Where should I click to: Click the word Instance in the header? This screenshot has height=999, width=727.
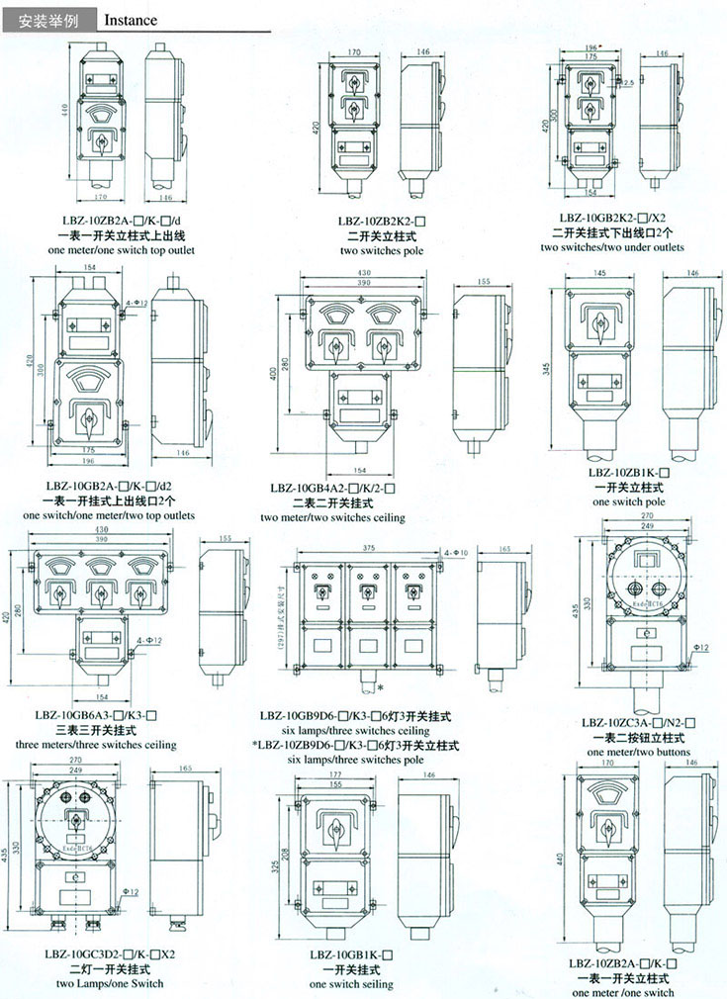pyautogui.click(x=131, y=19)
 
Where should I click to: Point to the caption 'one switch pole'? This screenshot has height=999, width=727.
pyautogui.click(x=628, y=501)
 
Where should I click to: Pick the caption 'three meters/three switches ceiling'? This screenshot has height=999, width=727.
pyautogui.click(x=96, y=744)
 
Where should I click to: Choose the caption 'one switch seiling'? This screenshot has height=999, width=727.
pyautogui.click(x=351, y=984)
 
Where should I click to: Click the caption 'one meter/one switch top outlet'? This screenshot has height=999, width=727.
pyautogui.click(x=121, y=250)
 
